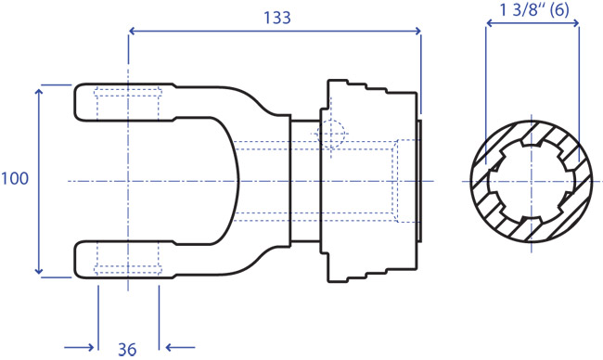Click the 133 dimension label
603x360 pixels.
pyautogui.click(x=276, y=18)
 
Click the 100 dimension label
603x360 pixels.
pyautogui.click(x=15, y=179)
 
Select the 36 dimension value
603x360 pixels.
pyautogui.click(x=127, y=349)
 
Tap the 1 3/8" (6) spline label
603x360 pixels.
pyautogui.click(x=533, y=10)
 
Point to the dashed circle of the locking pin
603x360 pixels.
pyautogui.click(x=331, y=135)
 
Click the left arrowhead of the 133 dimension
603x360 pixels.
pyautogui.click(x=133, y=31)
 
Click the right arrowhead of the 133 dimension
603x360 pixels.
pyautogui.click(x=417, y=31)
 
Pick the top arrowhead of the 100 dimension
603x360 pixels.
pyautogui.click(x=39, y=93)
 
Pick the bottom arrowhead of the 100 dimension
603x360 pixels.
pyautogui.click(x=39, y=270)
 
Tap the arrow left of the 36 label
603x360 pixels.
pyautogui.click(x=79, y=348)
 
